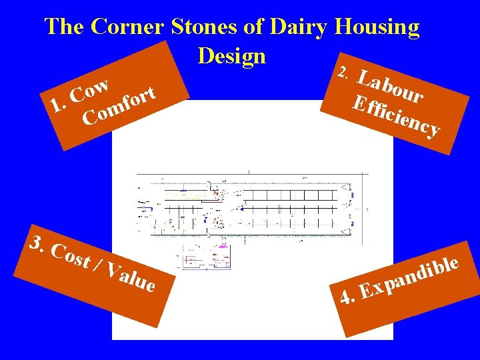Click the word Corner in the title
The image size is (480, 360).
(127, 27)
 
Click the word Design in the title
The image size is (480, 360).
(231, 55)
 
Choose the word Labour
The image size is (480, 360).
(390, 87)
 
